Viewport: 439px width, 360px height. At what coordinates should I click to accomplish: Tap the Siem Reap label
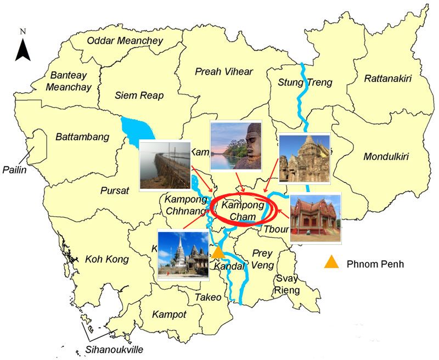pyautogui.click(x=139, y=95)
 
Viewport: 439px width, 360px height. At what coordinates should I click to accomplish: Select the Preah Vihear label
pyautogui.click(x=224, y=72)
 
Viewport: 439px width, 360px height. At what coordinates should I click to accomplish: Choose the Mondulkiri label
pyautogui.click(x=390, y=157)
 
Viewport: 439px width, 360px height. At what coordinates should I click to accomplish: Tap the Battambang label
pyautogui.click(x=82, y=137)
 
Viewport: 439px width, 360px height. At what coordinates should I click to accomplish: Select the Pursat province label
pyautogui.click(x=114, y=191)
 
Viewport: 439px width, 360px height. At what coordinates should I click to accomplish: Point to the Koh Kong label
pyautogui.click(x=107, y=259)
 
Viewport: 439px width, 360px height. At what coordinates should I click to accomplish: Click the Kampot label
pyautogui.click(x=170, y=315)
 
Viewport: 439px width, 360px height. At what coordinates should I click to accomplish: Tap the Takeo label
pyautogui.click(x=208, y=297)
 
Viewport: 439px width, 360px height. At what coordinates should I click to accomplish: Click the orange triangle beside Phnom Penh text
pyautogui.click(x=331, y=263)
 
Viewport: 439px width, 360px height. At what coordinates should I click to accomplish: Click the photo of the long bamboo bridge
pyautogui.click(x=165, y=165)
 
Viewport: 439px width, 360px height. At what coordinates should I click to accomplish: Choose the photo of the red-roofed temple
pyautogui.click(x=316, y=218)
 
